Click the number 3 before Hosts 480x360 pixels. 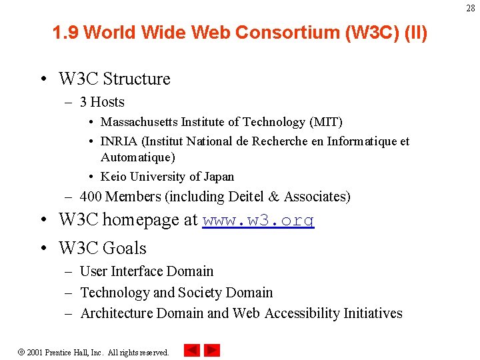(83, 102)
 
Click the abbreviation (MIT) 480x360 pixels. (326, 122)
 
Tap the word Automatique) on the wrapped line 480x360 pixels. (138, 157)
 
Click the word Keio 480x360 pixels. (113, 177)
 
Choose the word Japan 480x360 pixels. (219, 177)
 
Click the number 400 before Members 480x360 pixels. (91, 197)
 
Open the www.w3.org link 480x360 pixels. (258, 221)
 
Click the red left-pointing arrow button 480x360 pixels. (191, 350)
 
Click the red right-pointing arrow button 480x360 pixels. (212, 350)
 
